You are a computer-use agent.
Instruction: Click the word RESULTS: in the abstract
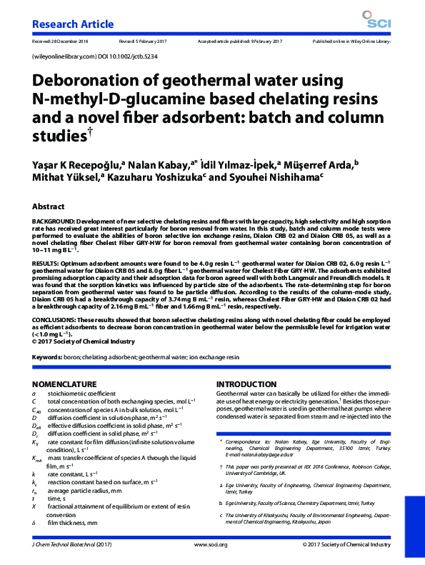[x=46, y=264]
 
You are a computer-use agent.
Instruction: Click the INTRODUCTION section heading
[x=246, y=384]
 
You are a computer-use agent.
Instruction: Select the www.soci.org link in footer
[x=210, y=544]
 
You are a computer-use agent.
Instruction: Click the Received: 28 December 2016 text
[x=59, y=42]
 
